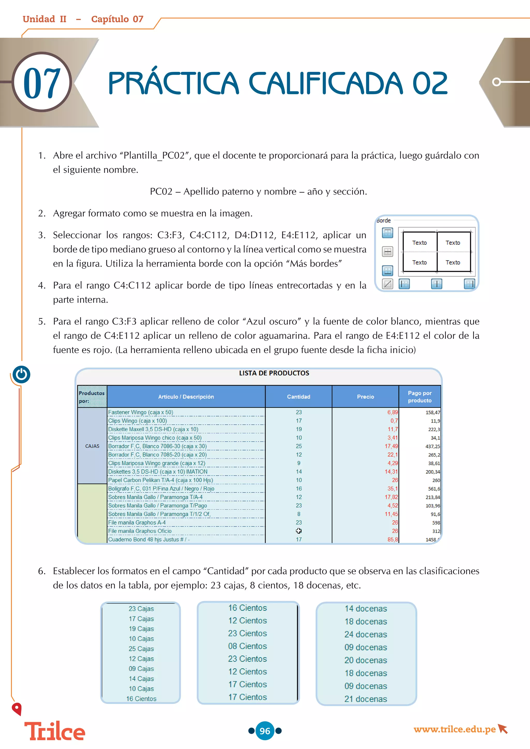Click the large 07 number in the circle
pos(42,83)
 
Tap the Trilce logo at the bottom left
pos(55,731)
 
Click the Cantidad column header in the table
pos(298,397)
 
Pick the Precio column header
pos(365,397)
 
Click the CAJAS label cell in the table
pos(92,446)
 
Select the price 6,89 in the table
pos(392,412)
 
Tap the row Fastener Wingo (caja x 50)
pos(141,412)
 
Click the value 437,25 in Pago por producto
pos(433,446)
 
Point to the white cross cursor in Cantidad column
pos(299,531)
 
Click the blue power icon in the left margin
pos(21,374)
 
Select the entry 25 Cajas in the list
pos(141,649)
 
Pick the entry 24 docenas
pos(365,634)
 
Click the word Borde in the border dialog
pos(384,221)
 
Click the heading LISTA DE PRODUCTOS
pos(274,373)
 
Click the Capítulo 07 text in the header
pos(117,19)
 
